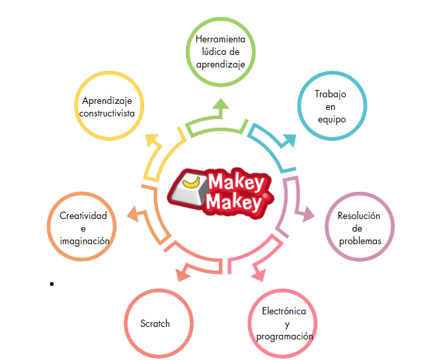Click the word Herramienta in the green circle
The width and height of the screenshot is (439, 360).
220,39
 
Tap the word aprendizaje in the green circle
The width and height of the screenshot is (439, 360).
221,65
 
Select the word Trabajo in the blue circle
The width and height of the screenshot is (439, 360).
331,95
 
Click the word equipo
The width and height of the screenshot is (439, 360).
332,120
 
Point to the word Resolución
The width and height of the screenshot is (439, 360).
359,216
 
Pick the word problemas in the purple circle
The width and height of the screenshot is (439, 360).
360,242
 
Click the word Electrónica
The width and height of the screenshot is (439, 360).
284,311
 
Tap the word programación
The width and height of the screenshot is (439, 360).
285,336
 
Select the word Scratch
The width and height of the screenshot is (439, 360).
155,324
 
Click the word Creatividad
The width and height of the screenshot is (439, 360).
83,216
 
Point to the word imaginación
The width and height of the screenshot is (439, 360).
85,242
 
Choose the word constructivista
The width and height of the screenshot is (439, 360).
107,113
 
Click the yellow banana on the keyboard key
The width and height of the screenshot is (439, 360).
192,183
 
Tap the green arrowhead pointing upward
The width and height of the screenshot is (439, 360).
221,104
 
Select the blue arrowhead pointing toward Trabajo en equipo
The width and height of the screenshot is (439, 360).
290,140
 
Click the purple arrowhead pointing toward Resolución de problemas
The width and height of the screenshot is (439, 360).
308,214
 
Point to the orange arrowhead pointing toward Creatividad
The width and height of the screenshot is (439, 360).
133,214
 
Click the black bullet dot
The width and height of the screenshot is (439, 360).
52,284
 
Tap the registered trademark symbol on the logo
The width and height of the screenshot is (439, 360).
265,196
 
